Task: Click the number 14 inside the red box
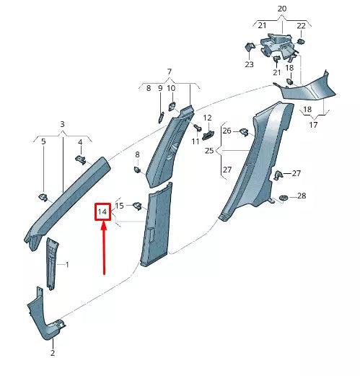(102, 212)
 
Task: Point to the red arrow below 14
(105, 249)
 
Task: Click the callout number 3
(62, 125)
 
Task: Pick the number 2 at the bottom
(53, 354)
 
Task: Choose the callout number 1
(67, 265)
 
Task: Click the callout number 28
(301, 196)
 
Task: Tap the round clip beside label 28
(282, 197)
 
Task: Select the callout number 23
(249, 64)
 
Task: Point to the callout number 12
(206, 118)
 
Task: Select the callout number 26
(227, 131)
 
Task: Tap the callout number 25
(209, 151)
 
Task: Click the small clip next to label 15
(136, 206)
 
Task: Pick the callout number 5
(43, 142)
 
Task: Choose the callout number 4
(81, 142)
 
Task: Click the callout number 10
(171, 88)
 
